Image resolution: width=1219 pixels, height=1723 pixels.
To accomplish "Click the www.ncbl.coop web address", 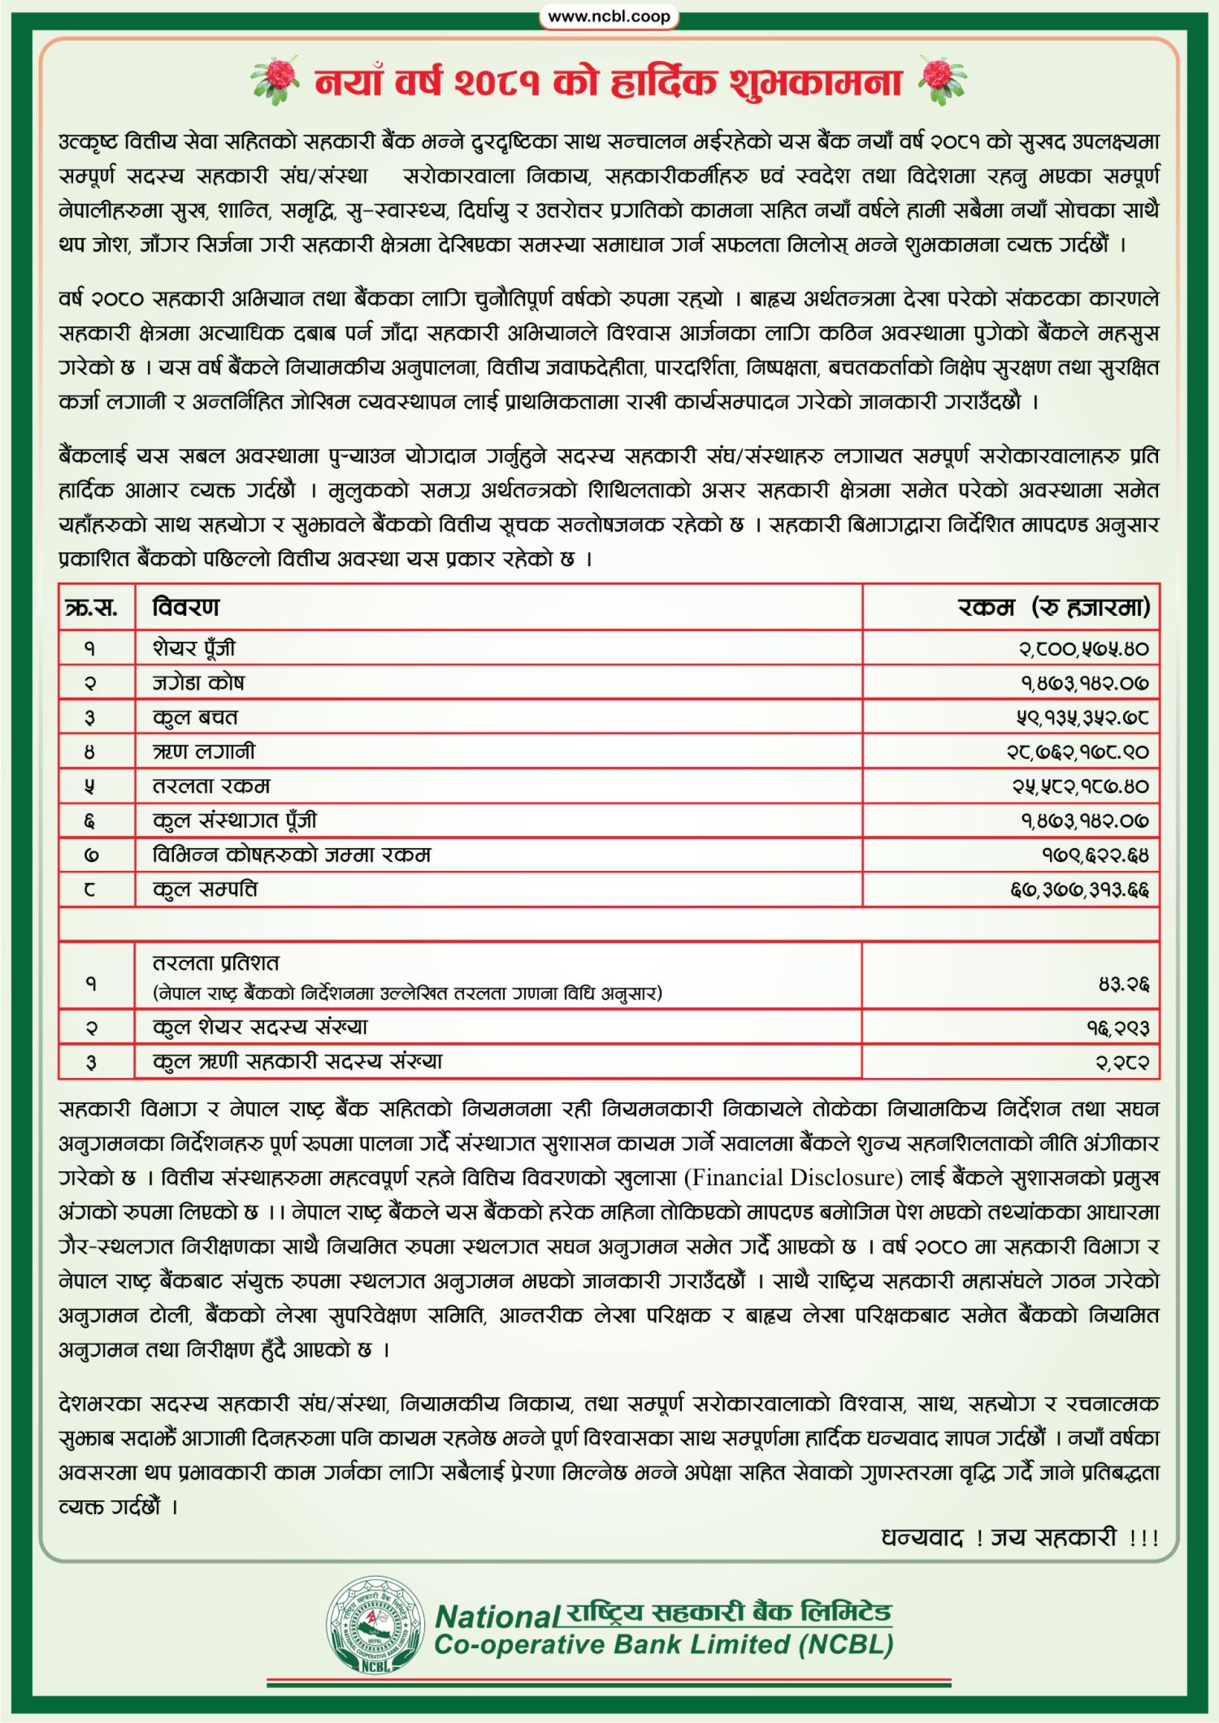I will click(609, 17).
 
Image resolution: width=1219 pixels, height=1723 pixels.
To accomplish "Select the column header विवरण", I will click(185, 607).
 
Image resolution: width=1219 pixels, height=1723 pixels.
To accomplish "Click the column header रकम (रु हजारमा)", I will click(1054, 607).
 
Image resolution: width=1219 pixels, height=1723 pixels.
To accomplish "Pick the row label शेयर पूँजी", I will click(194, 648).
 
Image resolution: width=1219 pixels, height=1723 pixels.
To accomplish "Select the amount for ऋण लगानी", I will click(1078, 752).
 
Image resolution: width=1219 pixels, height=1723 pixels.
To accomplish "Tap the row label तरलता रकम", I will click(211, 787).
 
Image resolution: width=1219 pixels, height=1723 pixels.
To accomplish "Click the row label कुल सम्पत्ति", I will click(205, 890).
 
